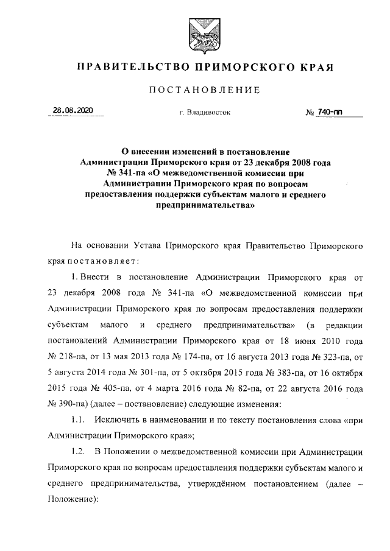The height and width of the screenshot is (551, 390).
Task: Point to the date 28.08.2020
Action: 72,110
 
